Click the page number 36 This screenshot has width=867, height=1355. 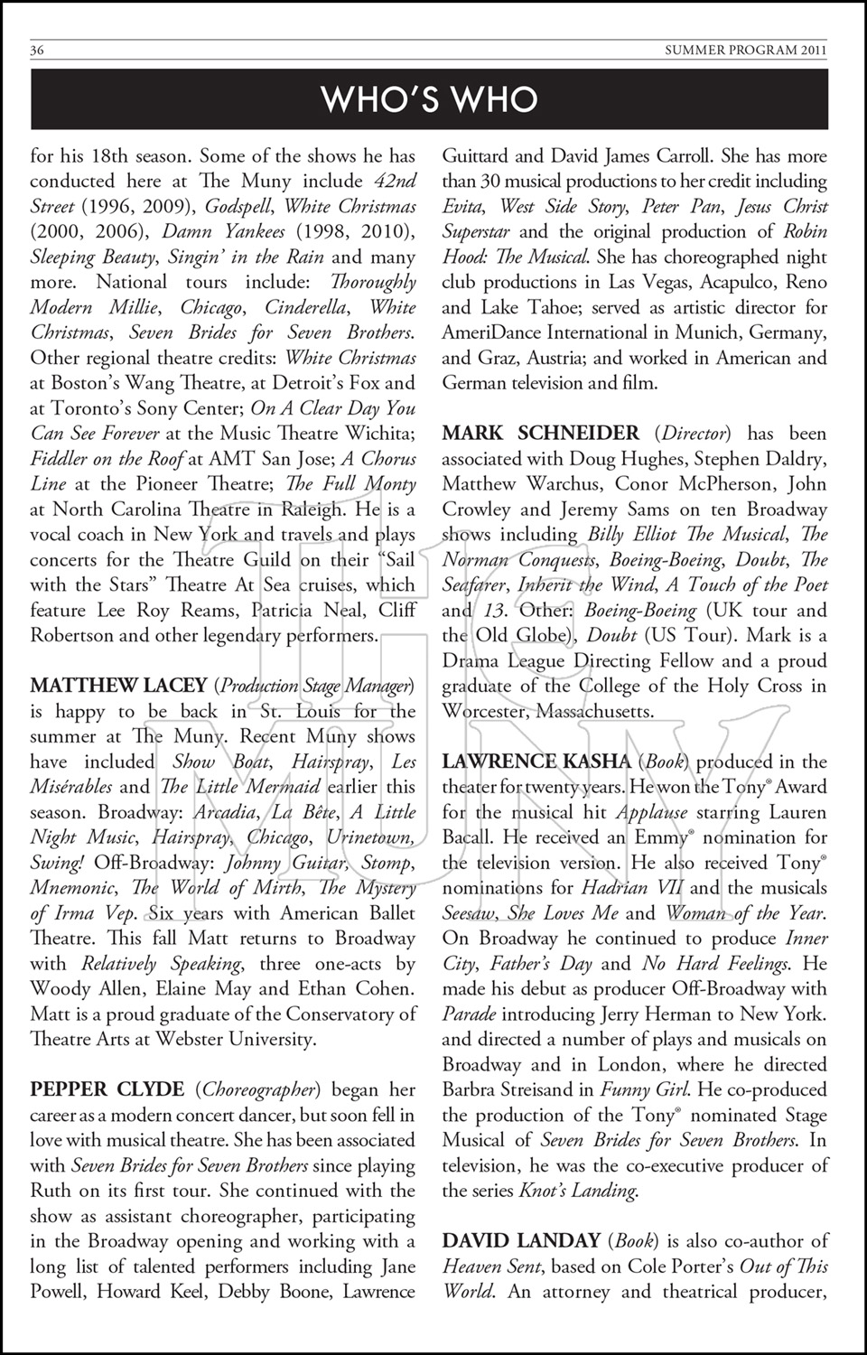click(x=37, y=51)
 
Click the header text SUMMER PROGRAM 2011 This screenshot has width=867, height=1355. click(x=746, y=51)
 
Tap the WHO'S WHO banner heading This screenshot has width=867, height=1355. click(x=430, y=99)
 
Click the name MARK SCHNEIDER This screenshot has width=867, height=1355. click(x=540, y=433)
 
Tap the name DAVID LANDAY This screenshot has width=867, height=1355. click(x=521, y=1241)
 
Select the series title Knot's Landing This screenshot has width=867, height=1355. click(x=577, y=1191)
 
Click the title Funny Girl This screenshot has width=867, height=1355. click(x=637, y=1089)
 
